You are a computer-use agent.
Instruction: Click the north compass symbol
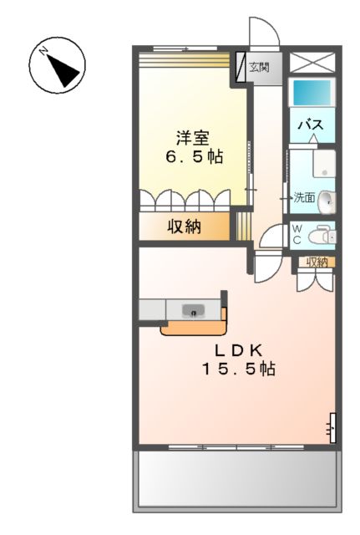pyautogui.click(x=58, y=66)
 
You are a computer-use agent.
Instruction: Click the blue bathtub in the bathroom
pyautogui.click(x=311, y=92)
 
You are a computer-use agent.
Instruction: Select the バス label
pyautogui.click(x=312, y=125)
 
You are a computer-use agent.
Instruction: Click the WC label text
pyautogui.click(x=296, y=234)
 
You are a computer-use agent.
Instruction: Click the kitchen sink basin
pyautogui.click(x=195, y=311)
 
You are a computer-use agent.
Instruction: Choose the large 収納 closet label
pyautogui.click(x=183, y=227)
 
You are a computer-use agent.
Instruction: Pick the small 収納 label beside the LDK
pyautogui.click(x=317, y=262)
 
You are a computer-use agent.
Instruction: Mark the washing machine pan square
pyautogui.click(x=322, y=163)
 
